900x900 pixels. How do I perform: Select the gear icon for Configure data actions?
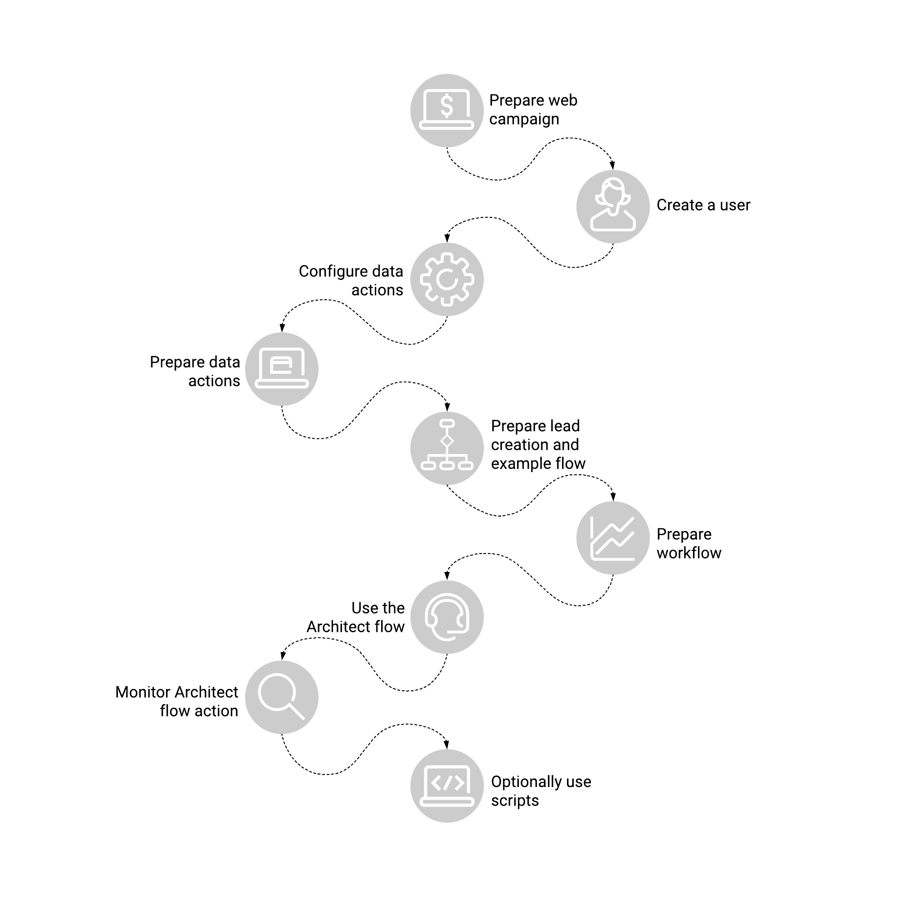click(x=447, y=279)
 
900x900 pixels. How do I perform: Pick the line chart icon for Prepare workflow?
click(x=613, y=538)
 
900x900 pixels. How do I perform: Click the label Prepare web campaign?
click(x=533, y=110)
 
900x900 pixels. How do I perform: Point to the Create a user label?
click(x=703, y=205)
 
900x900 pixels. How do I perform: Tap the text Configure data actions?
click(x=351, y=280)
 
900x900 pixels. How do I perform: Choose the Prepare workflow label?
click(x=689, y=543)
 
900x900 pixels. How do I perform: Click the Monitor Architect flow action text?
click(x=176, y=701)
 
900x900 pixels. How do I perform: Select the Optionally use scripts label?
click(x=541, y=791)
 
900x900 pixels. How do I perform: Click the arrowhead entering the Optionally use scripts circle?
click(x=447, y=745)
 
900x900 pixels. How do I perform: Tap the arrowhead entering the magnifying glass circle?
click(x=282, y=657)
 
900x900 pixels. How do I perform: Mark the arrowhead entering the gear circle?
click(x=447, y=238)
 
